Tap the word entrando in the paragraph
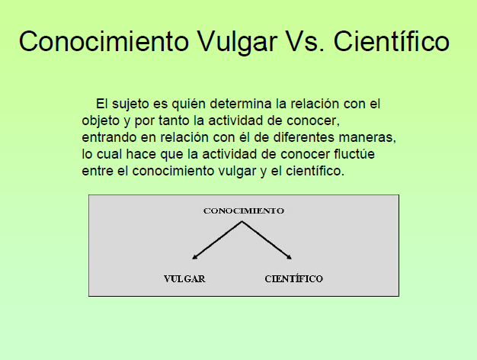pos(108,138)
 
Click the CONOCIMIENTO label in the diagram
pos(243,211)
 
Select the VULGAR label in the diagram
pos(184,279)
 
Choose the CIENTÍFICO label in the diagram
pos(293,279)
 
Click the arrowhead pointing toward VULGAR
pos(195,258)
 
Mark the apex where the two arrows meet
pos(242,222)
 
